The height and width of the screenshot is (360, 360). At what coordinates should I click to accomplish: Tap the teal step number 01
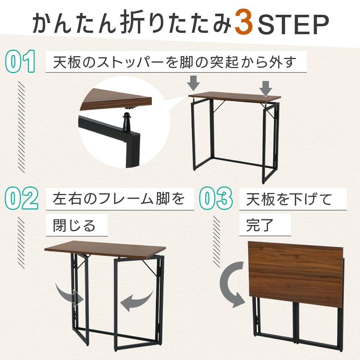point(20,61)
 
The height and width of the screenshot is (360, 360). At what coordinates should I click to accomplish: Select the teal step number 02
point(21,198)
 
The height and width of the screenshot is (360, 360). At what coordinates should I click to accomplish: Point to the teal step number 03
point(216,198)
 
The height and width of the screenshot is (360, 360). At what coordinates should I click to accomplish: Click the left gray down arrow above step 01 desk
point(193,83)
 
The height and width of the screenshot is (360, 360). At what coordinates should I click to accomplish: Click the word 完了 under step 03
point(260,225)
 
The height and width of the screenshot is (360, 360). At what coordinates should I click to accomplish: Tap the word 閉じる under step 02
point(74,225)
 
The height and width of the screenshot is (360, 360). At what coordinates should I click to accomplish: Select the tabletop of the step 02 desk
point(105,249)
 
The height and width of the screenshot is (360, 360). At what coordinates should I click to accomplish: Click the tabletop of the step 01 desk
point(235,97)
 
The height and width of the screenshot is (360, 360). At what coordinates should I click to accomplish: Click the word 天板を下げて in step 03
point(289,199)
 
